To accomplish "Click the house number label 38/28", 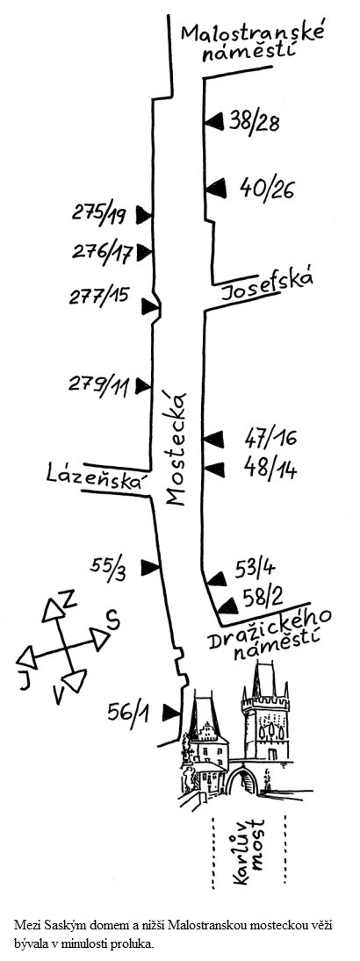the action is pos(255,122).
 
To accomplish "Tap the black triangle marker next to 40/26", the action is pos(215,190).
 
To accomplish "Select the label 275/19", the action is pos(98,214).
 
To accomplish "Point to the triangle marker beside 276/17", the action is pos(143,252).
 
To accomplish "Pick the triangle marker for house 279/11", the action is pos(143,385).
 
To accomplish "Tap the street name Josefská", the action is pos(267,285).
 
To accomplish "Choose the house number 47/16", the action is pos(270,438).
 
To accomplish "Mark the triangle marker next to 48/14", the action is pos(214,470).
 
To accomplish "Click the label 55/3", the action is pos(109,566).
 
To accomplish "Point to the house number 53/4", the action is pos(256,570).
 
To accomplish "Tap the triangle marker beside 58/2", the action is pos(228,606).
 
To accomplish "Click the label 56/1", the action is pos(128,712).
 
